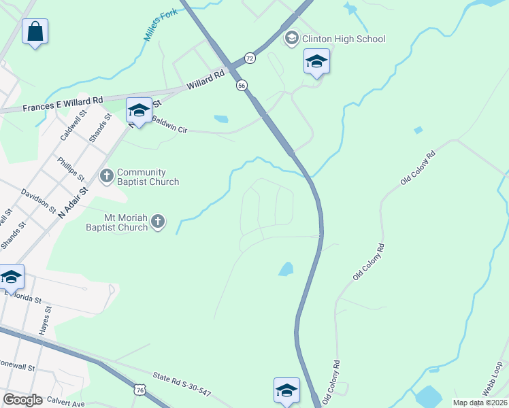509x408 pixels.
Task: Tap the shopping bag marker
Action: click(35, 32)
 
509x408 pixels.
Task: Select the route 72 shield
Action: click(250, 58)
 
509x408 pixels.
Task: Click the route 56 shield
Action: click(242, 85)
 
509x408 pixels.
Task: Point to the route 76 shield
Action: click(140, 390)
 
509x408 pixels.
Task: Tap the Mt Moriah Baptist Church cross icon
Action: click(158, 222)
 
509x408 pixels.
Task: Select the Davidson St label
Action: click(39, 201)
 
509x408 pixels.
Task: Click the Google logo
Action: click(23, 399)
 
